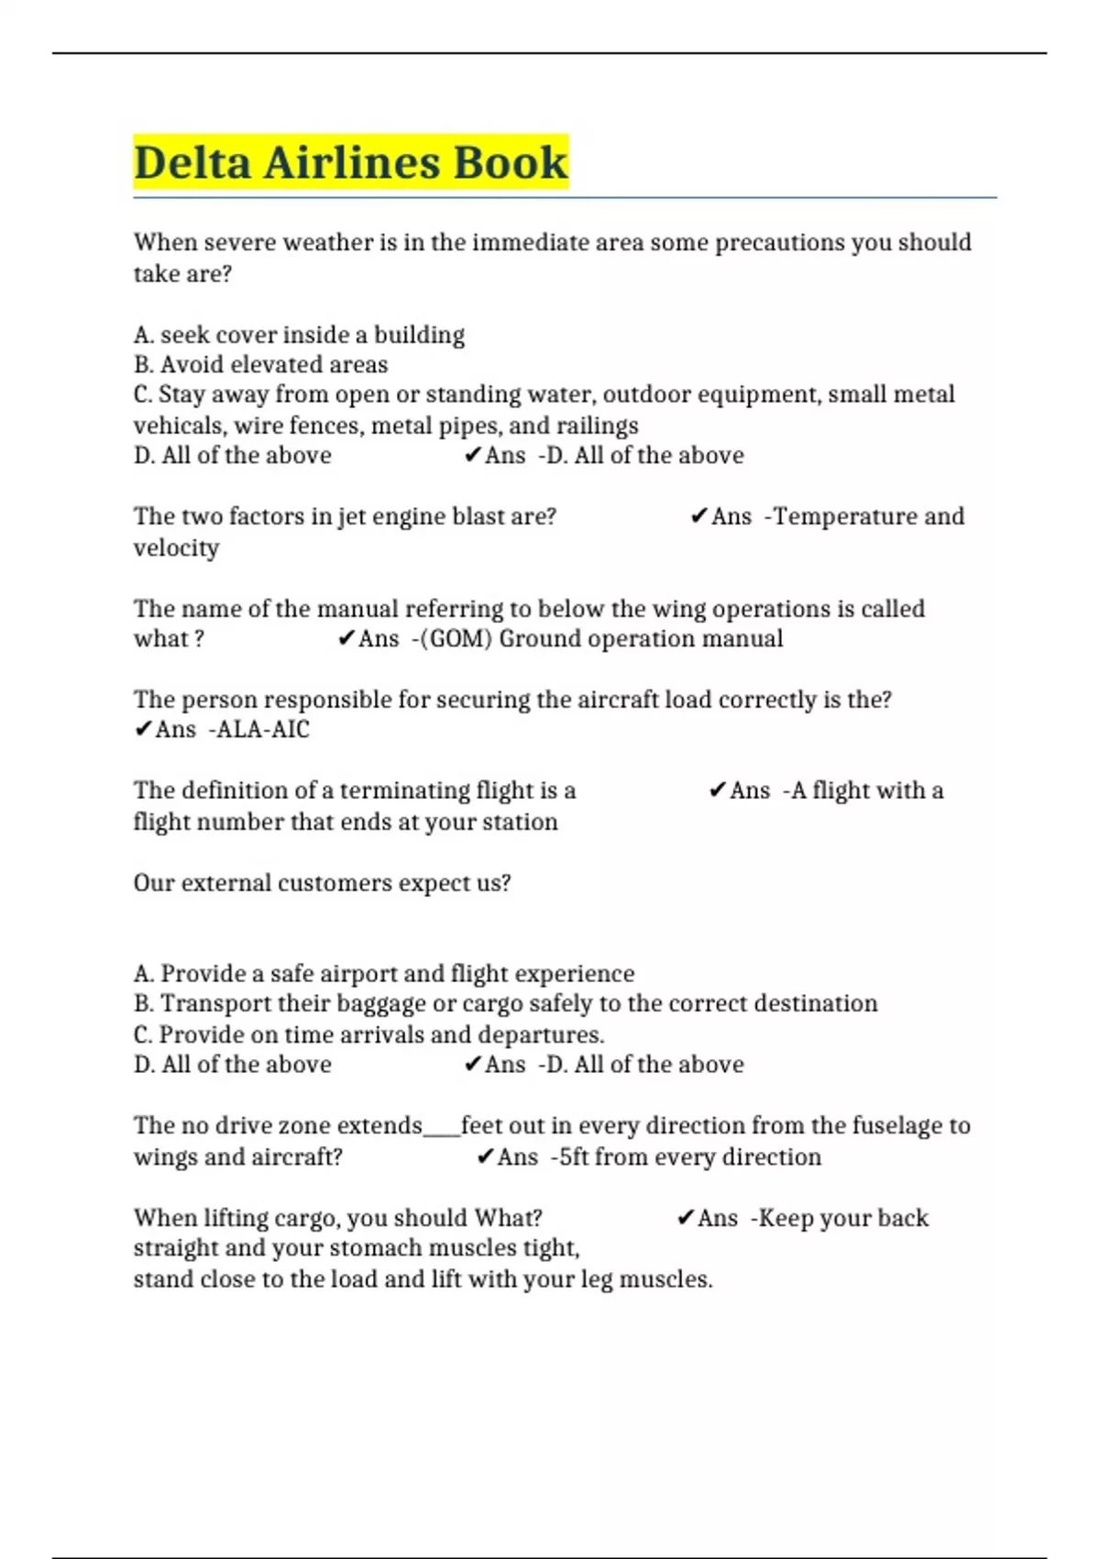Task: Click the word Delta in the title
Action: pyautogui.click(x=192, y=163)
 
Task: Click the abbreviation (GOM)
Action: pyautogui.click(x=456, y=638)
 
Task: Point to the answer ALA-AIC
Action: pyautogui.click(x=262, y=730)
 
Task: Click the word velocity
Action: pyautogui.click(x=176, y=547)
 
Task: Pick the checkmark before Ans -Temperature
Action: pyautogui.click(x=698, y=516)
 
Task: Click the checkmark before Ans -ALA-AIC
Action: pyautogui.click(x=143, y=730)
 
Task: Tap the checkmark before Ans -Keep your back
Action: pyautogui.click(x=685, y=1218)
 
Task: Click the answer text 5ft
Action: pyautogui.click(x=574, y=1157)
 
